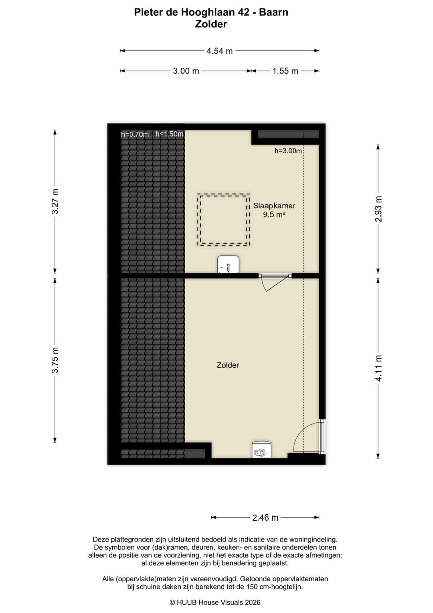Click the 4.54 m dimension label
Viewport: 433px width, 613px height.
click(x=220, y=51)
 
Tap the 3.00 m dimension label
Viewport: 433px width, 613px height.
click(x=186, y=71)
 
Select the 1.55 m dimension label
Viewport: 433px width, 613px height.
click(x=285, y=71)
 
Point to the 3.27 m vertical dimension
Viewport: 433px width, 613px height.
click(x=55, y=202)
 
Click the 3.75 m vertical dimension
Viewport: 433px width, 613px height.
click(x=55, y=360)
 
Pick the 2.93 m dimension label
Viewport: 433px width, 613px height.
click(x=378, y=209)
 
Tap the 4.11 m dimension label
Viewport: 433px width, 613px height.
click(x=378, y=368)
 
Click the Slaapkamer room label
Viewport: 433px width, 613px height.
click(x=274, y=206)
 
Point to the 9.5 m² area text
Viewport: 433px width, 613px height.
click(x=274, y=214)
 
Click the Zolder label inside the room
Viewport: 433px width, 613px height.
click(x=228, y=365)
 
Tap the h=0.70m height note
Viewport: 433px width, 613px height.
click(x=135, y=134)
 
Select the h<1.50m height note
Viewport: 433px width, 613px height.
click(x=170, y=134)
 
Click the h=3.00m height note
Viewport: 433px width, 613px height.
click(x=288, y=151)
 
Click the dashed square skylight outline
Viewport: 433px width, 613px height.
click(x=224, y=195)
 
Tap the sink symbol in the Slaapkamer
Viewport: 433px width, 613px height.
click(x=229, y=265)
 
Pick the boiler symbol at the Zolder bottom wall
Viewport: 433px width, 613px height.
click(x=261, y=449)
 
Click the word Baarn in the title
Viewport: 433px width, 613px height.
click(x=273, y=12)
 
